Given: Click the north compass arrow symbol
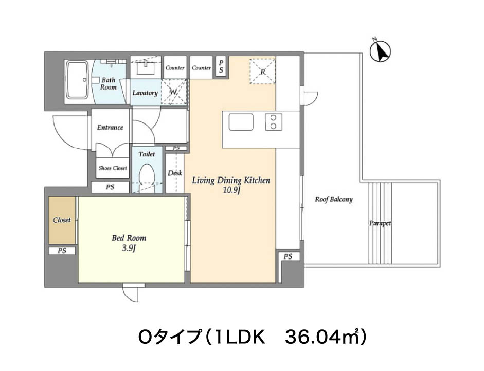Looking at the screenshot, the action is click(380, 50).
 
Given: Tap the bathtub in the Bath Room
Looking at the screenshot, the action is click(78, 80).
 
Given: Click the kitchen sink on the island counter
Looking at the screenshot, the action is click(241, 122).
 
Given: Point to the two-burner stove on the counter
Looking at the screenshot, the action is click(274, 122).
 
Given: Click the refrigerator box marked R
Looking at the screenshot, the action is click(262, 71).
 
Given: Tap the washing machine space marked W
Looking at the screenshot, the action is click(174, 92).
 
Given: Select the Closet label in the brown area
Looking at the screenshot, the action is click(62, 220).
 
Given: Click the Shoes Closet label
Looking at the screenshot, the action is click(113, 168).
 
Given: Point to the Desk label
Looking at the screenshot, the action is click(175, 173).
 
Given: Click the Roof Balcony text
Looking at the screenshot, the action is click(334, 199).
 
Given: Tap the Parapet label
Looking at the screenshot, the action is click(380, 223).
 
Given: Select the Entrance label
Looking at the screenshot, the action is click(110, 127).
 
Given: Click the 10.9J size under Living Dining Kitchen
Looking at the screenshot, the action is click(231, 190).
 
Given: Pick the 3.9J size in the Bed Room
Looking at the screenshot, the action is click(129, 248).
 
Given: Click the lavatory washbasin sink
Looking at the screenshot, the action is click(146, 67).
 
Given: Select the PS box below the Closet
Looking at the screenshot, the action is click(62, 251).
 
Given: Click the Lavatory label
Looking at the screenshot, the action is click(145, 93).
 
